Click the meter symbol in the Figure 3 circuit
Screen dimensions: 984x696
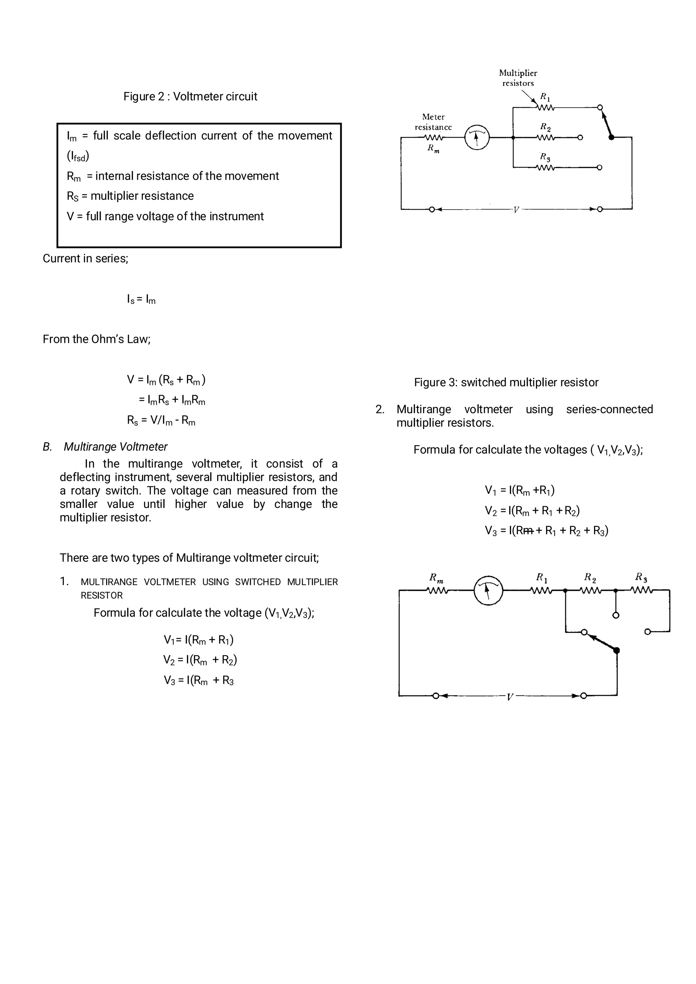(477, 137)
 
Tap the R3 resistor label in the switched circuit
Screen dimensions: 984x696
(545, 157)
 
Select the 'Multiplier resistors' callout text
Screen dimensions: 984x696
(518, 78)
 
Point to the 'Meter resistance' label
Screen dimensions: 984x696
(433, 122)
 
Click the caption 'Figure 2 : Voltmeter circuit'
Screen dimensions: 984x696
(190, 96)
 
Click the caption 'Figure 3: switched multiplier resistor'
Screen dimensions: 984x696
(506, 382)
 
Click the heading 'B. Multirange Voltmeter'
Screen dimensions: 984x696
(105, 446)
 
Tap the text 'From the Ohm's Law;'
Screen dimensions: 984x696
(97, 339)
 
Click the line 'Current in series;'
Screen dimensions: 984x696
(85, 259)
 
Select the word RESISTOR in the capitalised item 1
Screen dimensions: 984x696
(102, 595)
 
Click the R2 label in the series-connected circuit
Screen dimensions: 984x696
(590, 578)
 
